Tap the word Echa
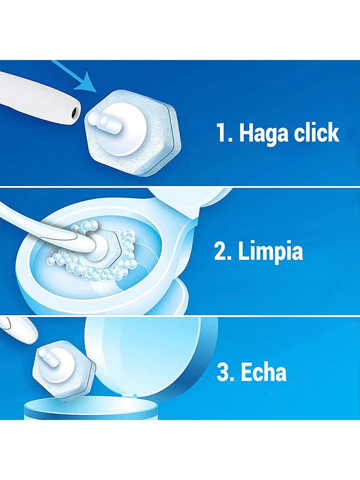[x=263, y=372]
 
